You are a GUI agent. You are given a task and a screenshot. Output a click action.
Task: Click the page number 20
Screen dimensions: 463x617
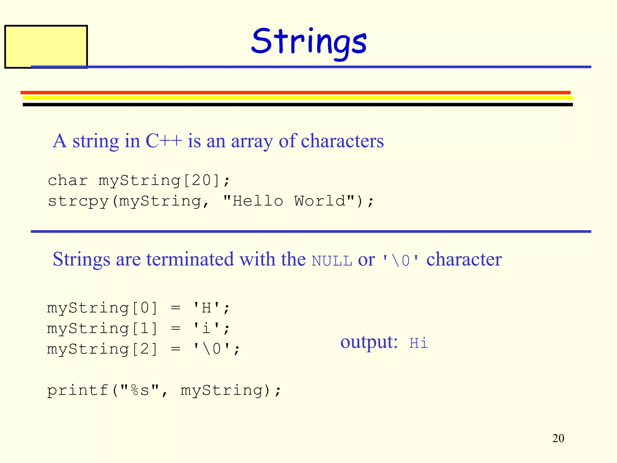point(558,438)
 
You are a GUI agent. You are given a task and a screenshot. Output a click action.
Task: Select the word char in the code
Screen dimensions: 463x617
point(68,181)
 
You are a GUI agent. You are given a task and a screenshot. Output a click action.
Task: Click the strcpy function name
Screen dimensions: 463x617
point(78,201)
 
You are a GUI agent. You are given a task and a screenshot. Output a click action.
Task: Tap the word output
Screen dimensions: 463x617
point(369,342)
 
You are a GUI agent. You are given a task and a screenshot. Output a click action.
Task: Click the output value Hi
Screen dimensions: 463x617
point(418,343)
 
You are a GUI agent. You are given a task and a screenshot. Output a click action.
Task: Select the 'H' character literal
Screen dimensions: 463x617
point(207,308)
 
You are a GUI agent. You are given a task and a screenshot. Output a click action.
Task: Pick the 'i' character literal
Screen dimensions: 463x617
point(207,328)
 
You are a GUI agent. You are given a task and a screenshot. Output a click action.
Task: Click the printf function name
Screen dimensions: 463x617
point(78,390)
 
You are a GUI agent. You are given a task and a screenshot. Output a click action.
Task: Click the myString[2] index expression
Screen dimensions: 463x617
point(102,349)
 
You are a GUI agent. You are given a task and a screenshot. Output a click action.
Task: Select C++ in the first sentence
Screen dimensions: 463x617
point(164,141)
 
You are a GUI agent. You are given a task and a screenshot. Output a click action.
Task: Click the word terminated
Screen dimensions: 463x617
point(190,259)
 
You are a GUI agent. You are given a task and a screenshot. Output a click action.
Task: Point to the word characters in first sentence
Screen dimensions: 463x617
point(342,141)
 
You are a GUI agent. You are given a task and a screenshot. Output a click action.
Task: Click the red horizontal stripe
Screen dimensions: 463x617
point(295,93)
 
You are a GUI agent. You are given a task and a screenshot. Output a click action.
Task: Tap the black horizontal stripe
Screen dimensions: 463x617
point(298,105)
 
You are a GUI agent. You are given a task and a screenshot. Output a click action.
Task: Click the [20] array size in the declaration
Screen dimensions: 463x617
point(202,181)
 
